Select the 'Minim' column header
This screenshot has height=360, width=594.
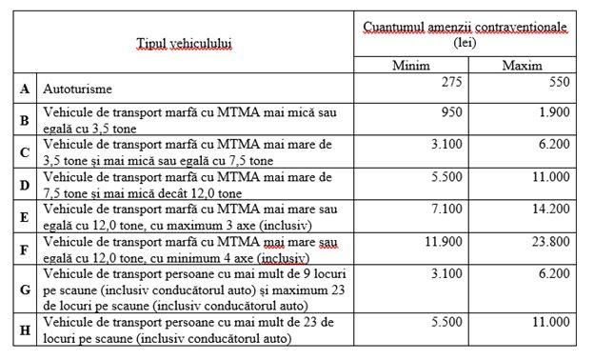pos(412,67)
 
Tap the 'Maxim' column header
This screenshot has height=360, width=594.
pos(522,67)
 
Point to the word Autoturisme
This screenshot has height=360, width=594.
pos(77,89)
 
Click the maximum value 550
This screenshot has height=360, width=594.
pos(559,83)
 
